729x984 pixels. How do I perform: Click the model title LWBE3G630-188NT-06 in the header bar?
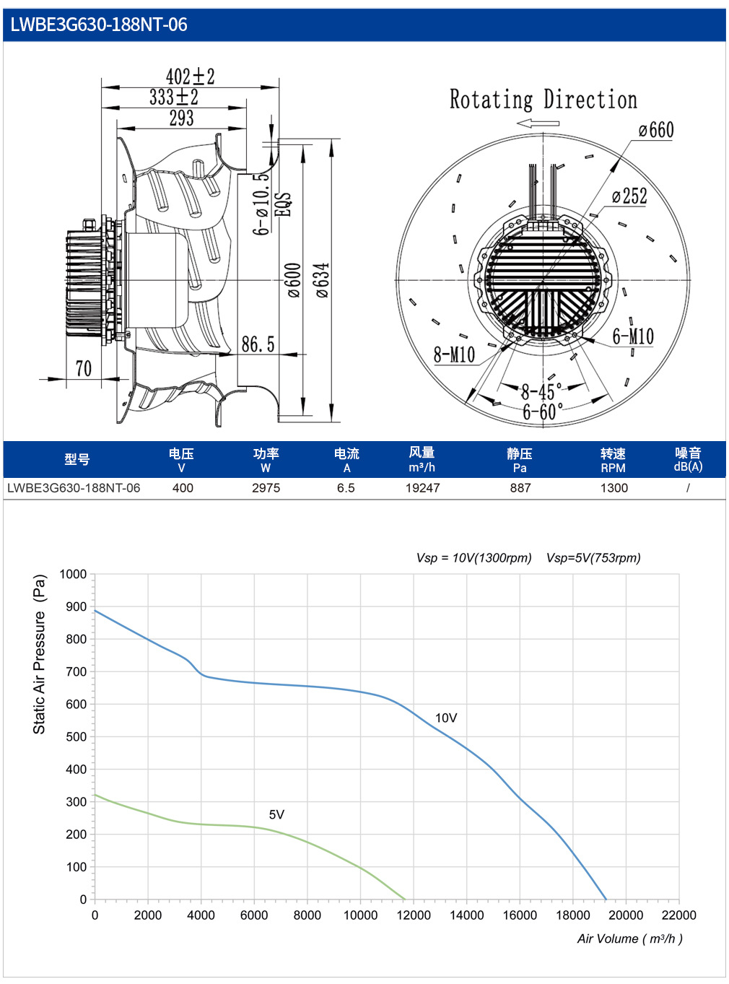click(x=98, y=25)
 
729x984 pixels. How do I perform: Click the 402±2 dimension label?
click(x=190, y=77)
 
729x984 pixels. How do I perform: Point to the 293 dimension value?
click(x=181, y=118)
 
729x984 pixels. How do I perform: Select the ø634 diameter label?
click(x=323, y=279)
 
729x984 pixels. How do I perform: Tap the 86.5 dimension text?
click(x=258, y=344)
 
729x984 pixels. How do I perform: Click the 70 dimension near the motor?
click(x=84, y=369)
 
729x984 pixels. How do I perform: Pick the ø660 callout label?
click(x=656, y=130)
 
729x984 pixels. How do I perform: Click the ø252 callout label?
click(x=629, y=196)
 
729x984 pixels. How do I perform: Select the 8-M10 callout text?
click(x=454, y=354)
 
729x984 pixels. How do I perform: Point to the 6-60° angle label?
click(x=543, y=412)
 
